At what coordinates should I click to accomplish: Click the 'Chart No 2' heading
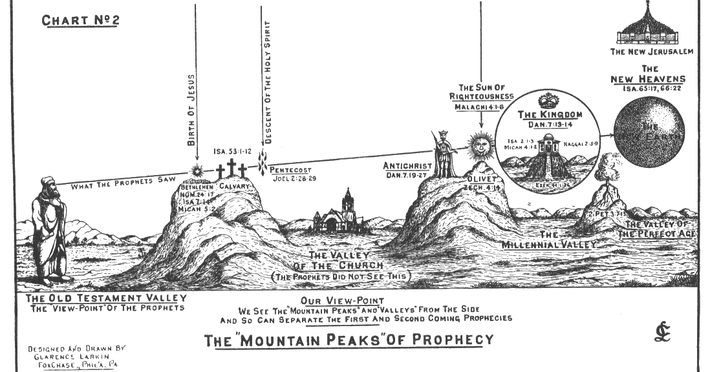[x=80, y=20]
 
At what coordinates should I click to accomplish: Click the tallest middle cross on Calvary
[x=231, y=167]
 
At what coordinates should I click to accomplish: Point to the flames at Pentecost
[x=263, y=164]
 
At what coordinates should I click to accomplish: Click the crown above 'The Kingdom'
[x=550, y=101]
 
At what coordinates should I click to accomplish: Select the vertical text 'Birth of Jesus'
[x=191, y=110]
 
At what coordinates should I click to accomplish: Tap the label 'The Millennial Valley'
[x=549, y=240]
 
